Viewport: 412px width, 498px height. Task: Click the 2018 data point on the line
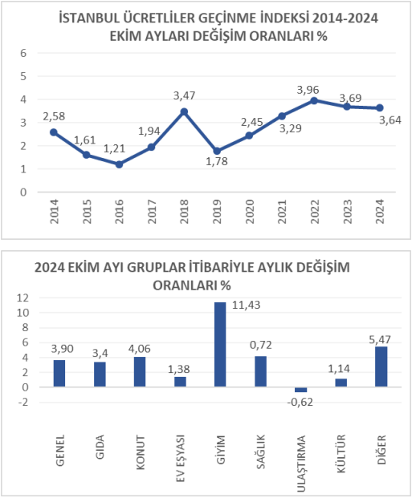[x=184, y=111]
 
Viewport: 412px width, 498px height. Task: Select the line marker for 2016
[x=119, y=164]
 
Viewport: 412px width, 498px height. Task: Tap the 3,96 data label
[x=308, y=90]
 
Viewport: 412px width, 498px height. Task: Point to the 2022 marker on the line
[x=314, y=101]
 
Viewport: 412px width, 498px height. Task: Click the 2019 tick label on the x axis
[x=217, y=211]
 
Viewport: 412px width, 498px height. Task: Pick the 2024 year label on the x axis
[x=380, y=211]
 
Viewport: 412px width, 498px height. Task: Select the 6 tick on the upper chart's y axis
[x=23, y=53]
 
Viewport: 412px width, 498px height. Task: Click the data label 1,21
[x=114, y=148]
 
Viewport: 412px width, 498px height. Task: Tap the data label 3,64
[x=390, y=120]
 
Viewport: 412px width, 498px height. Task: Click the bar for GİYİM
[x=220, y=345]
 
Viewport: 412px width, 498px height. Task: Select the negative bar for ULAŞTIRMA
[x=300, y=390]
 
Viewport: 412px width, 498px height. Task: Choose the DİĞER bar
[x=381, y=366]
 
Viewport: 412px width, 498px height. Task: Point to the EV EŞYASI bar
[x=180, y=382]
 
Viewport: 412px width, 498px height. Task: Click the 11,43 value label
[x=246, y=305]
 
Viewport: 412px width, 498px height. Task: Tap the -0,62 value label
[x=300, y=402]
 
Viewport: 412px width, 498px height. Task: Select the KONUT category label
[x=141, y=452]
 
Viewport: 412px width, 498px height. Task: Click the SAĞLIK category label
[x=260, y=451]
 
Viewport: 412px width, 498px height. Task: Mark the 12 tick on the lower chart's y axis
[x=23, y=298]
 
